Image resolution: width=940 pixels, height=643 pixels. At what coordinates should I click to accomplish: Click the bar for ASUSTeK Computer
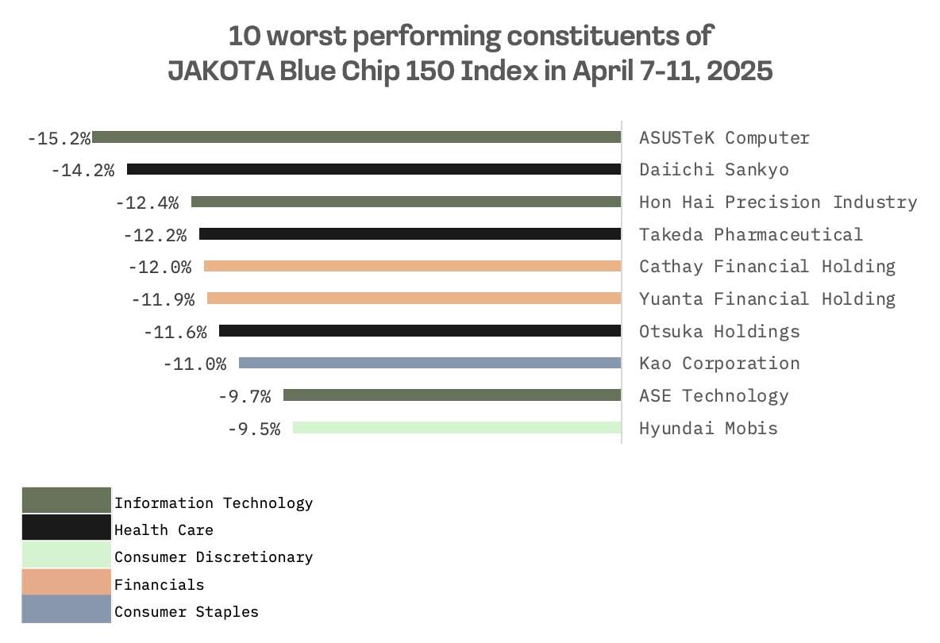click(x=356, y=137)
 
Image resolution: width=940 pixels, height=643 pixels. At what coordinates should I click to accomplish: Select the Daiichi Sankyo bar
click(x=374, y=169)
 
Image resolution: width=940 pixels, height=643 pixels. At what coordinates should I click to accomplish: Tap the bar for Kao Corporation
click(x=430, y=363)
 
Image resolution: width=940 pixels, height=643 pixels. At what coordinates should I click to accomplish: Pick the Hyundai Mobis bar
click(x=457, y=428)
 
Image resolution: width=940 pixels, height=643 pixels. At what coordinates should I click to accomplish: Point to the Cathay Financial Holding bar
click(x=412, y=266)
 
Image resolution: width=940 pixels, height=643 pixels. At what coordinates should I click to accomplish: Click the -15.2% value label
click(x=59, y=138)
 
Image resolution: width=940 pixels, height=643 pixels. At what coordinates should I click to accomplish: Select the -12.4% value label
click(x=147, y=202)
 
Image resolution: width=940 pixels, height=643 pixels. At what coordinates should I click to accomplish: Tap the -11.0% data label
click(x=195, y=364)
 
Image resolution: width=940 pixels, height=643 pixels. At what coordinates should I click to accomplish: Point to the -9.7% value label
click(x=244, y=396)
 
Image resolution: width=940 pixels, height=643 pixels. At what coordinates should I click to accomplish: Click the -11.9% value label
click(x=163, y=299)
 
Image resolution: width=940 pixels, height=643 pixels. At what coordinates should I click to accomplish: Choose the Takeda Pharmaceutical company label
click(x=750, y=234)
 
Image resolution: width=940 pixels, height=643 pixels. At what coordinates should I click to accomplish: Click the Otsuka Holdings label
click(x=719, y=331)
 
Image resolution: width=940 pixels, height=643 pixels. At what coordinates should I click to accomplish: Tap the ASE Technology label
click(x=714, y=395)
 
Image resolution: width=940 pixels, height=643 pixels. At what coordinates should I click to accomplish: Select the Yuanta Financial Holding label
click(x=767, y=298)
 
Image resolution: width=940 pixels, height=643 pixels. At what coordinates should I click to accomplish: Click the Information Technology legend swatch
click(x=66, y=500)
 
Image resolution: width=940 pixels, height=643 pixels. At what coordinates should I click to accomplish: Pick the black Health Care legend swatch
click(x=66, y=528)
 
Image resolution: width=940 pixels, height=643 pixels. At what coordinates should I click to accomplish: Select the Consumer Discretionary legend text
click(x=214, y=557)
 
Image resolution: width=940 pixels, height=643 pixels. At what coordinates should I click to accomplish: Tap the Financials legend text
click(x=159, y=585)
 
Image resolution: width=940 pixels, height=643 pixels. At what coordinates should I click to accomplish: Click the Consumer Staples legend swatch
click(x=66, y=610)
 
